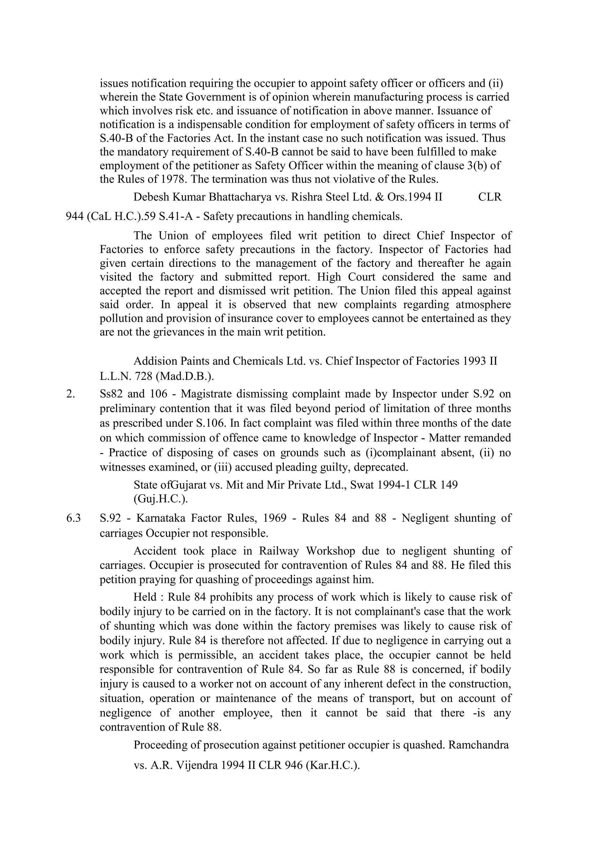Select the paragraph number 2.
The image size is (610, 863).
(70, 394)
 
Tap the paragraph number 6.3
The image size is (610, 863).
(73, 518)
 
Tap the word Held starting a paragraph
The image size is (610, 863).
(145, 597)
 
